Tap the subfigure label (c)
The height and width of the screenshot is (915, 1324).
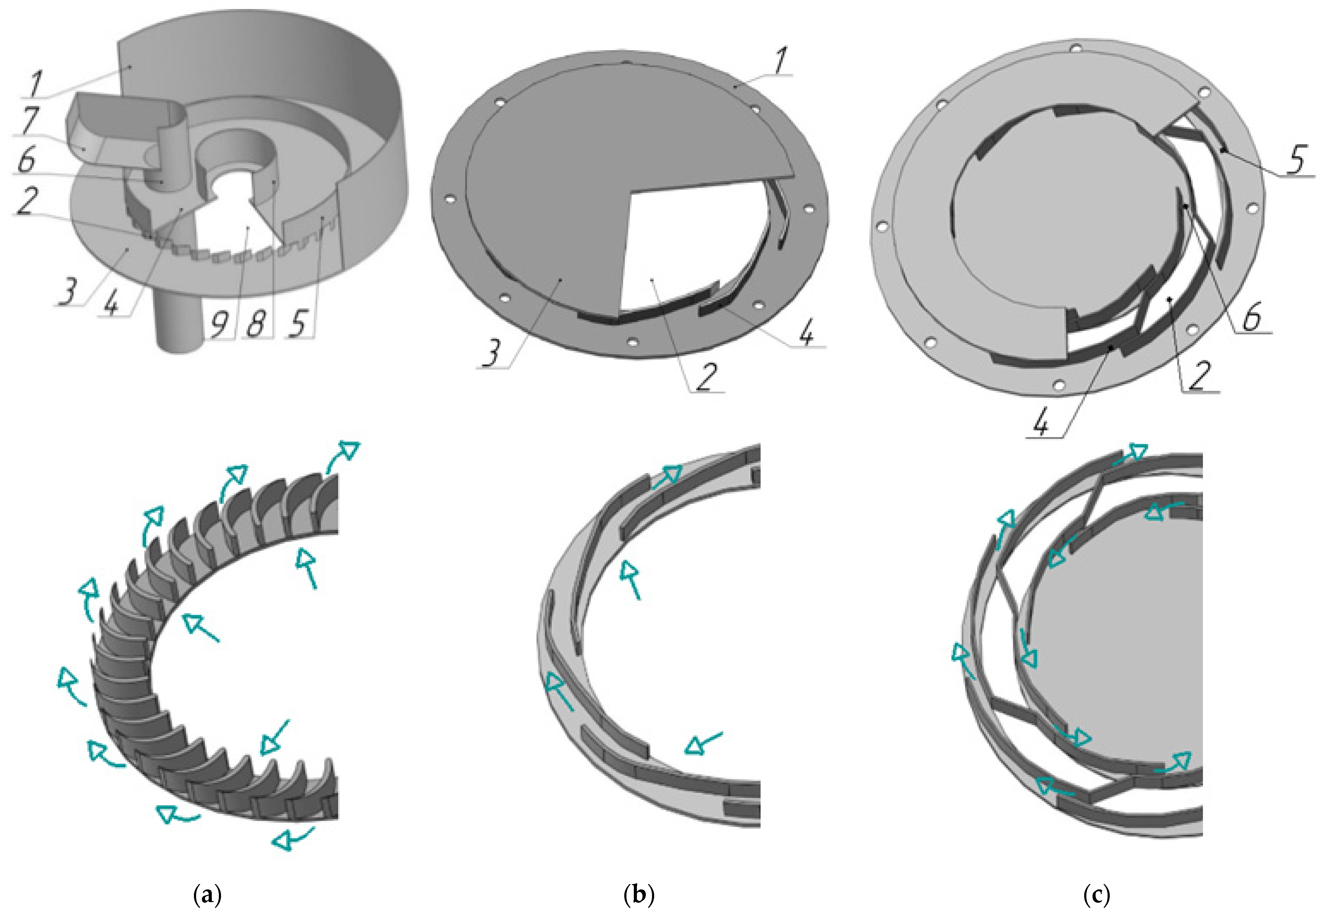1097,894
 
